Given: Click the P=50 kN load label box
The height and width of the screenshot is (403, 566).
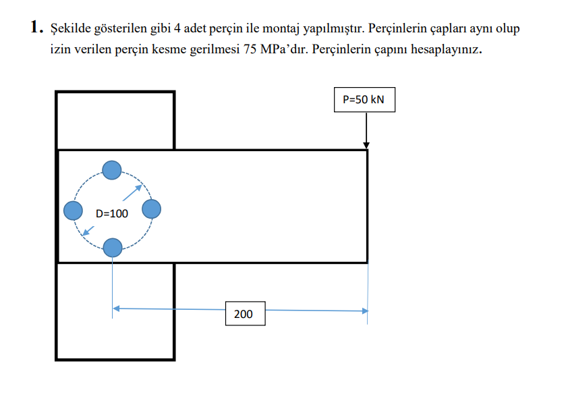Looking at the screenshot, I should [363, 99].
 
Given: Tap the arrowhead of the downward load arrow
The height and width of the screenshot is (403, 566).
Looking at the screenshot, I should [366, 144].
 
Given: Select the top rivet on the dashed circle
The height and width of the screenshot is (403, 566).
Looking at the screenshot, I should [111, 170].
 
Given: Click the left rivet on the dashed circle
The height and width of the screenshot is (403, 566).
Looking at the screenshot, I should [73, 211].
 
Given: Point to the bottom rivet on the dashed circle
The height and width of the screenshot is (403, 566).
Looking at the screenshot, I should [112, 248].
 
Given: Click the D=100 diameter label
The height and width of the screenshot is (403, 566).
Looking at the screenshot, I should [111, 214].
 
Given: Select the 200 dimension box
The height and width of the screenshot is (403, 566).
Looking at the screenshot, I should [244, 314].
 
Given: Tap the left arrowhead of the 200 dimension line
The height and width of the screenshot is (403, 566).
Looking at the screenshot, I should [116, 308].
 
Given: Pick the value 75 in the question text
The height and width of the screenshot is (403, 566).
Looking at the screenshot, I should [249, 51].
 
